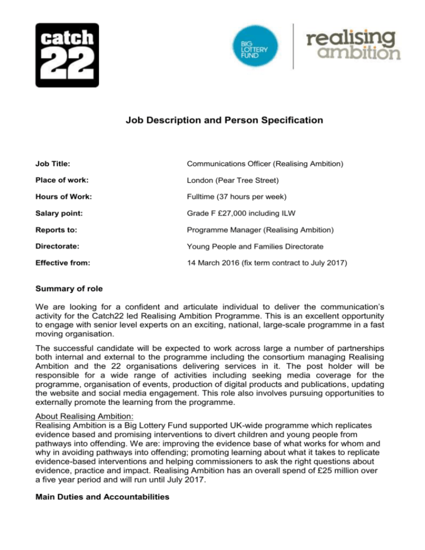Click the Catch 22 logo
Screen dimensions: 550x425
[x=67, y=55]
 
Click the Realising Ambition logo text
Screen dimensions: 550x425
[x=353, y=45]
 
